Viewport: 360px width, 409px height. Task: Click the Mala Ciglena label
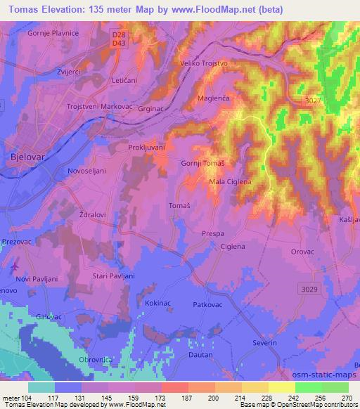pyautogui.click(x=231, y=183)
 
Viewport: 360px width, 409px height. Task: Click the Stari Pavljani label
pyautogui.click(x=113, y=276)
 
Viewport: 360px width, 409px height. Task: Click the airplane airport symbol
pyautogui.click(x=15, y=267)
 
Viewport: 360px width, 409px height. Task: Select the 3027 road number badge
pyautogui.click(x=315, y=102)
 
